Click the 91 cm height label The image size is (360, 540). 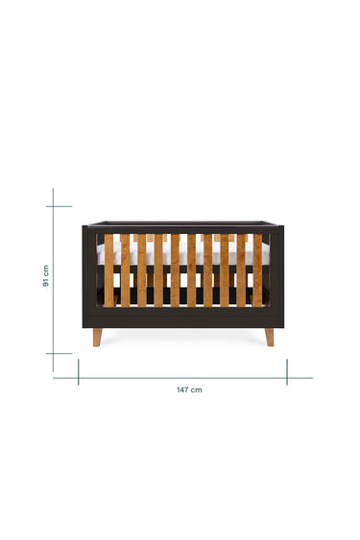point(45,276)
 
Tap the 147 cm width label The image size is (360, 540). point(189,389)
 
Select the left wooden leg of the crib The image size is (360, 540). point(97,338)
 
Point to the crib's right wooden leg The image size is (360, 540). point(270,338)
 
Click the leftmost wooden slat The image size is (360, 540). point(109,270)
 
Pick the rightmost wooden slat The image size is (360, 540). point(257,270)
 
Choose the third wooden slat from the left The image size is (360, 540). point(142,270)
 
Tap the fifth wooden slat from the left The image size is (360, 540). point(175,270)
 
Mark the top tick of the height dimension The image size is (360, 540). point(59,206)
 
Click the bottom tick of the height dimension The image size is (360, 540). point(59,353)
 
